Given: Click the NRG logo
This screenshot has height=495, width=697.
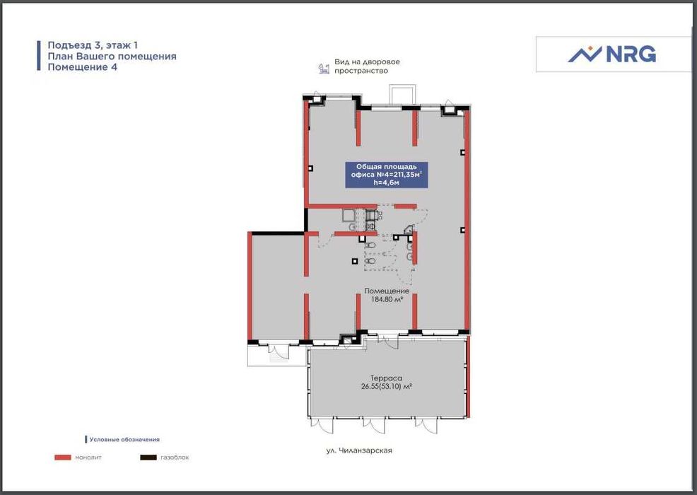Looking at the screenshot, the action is [611, 54].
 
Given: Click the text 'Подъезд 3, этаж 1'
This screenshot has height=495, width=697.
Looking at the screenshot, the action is [93, 45].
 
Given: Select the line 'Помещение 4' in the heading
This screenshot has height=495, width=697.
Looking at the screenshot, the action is [82, 67].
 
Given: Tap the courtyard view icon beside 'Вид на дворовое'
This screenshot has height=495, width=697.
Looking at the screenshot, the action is [324, 68].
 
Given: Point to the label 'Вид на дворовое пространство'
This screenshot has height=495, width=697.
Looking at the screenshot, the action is [367, 66].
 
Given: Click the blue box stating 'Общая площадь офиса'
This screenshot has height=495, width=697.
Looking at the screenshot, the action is [386, 175].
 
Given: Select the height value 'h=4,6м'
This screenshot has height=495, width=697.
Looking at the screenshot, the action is [386, 182].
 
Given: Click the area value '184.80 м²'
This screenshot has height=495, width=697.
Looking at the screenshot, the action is [387, 299].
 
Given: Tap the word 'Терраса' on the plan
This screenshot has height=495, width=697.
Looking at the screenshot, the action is [386, 378].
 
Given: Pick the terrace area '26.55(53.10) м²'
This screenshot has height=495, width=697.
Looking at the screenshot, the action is [386, 387].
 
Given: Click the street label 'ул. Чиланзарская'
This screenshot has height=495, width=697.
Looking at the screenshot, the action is [359, 450].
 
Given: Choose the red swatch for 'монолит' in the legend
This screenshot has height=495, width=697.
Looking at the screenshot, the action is [63, 458].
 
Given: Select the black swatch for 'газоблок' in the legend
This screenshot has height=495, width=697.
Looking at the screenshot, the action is [148, 458].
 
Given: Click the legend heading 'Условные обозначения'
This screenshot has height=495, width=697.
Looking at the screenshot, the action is [124, 439].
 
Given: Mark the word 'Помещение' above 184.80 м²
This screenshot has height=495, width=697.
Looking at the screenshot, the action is [387, 291].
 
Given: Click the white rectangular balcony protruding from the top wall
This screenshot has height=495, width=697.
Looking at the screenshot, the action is [403, 94].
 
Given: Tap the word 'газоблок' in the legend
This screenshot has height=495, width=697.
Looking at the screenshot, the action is [175, 458].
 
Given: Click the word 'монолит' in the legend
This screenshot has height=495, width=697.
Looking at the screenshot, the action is [88, 458].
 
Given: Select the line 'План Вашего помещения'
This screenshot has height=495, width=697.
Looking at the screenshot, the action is [112, 56].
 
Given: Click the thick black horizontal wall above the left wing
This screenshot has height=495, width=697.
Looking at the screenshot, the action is [276, 233].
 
